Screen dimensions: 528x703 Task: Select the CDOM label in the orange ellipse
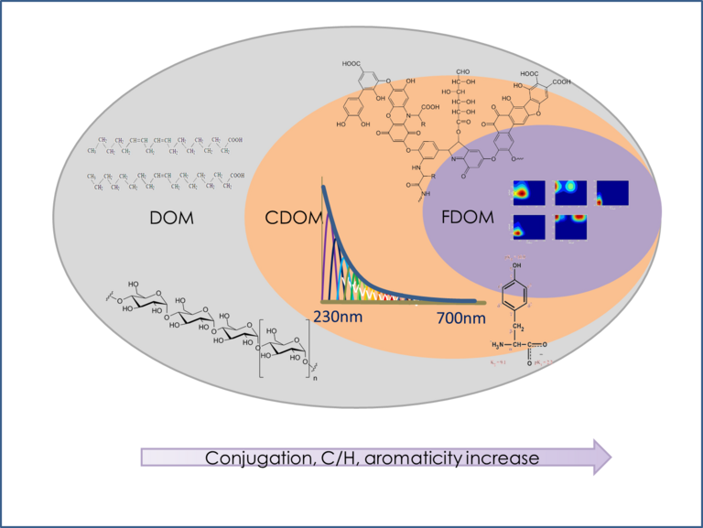(287, 220)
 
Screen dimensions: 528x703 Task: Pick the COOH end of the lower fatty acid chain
(237, 175)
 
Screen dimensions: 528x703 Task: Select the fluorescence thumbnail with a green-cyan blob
(570, 192)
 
